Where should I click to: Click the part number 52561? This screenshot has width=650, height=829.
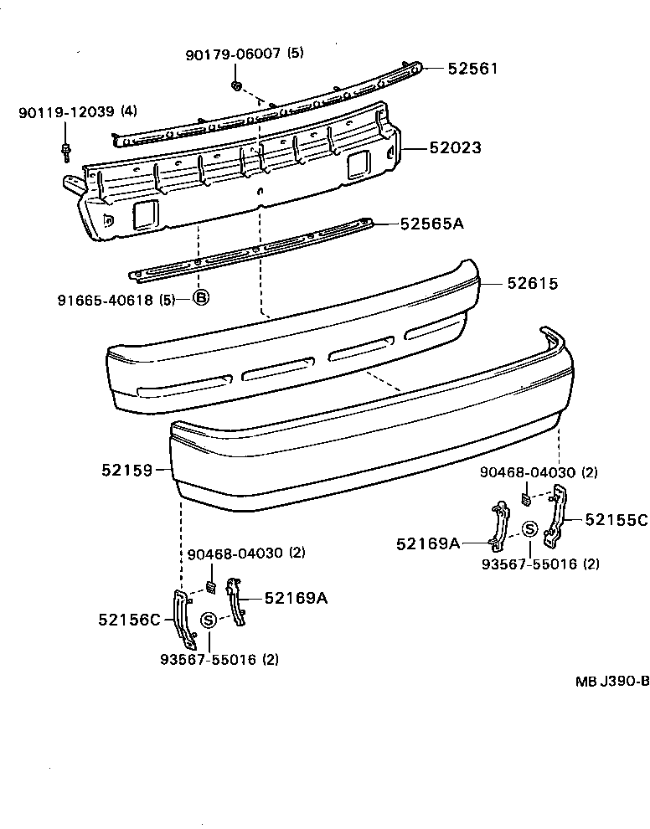(472, 69)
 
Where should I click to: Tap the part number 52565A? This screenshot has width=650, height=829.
(431, 224)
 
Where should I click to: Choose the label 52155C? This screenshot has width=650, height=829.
(616, 520)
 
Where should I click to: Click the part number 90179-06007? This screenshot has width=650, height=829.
(234, 54)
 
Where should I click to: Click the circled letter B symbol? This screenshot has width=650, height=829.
(201, 298)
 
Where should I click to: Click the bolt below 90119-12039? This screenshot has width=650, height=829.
(65, 152)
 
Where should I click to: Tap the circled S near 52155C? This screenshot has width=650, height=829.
(530, 528)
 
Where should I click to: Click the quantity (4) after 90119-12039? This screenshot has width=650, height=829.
(129, 111)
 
